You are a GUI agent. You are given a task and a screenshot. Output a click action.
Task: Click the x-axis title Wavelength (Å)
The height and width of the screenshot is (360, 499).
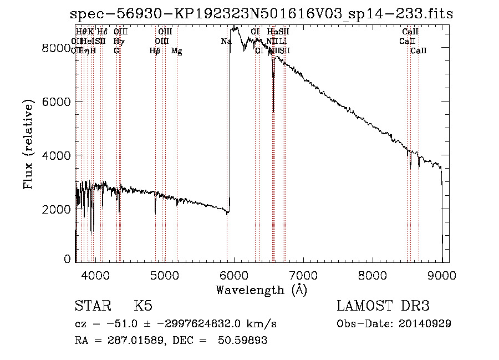[x=261, y=290]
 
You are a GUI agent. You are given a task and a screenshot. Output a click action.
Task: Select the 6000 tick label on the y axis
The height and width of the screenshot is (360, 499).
[x=57, y=102]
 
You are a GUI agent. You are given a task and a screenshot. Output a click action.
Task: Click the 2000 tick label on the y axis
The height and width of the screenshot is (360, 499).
[x=57, y=209]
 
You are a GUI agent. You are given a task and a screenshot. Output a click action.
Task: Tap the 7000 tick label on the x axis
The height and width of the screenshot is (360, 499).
[x=303, y=275]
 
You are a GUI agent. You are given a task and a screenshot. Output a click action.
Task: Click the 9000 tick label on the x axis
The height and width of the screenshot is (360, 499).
[x=442, y=275]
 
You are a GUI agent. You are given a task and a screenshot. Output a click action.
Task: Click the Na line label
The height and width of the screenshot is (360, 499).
[x=226, y=41]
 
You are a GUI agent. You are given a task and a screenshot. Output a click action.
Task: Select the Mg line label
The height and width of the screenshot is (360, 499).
[x=177, y=51]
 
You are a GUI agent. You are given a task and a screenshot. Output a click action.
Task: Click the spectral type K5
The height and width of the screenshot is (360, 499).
[x=143, y=306]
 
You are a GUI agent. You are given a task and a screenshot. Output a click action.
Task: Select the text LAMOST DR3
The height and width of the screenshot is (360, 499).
[x=383, y=306]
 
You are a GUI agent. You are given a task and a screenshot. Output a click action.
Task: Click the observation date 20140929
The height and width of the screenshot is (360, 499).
[x=427, y=323]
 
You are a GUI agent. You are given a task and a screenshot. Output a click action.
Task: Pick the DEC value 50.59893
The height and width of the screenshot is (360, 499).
[x=244, y=340]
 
